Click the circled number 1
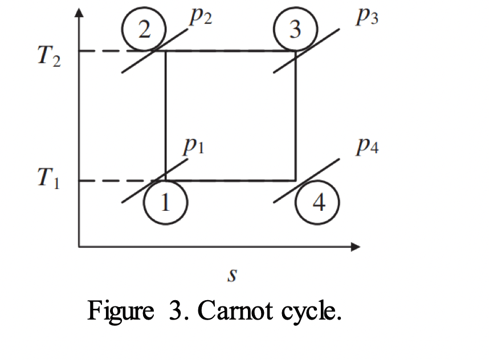pyautogui.click(x=165, y=202)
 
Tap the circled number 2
pyautogui.click(x=144, y=29)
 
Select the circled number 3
pyautogui.click(x=295, y=29)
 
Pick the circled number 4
pyautogui.click(x=317, y=202)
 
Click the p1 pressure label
pyautogui.click(x=194, y=146)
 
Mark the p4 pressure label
pyautogui.click(x=368, y=146)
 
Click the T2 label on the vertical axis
pyautogui.click(x=49, y=56)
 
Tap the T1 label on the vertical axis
pyautogui.click(x=48, y=178)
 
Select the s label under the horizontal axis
pyautogui.click(x=232, y=275)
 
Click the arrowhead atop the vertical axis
pyautogui.click(x=79, y=13)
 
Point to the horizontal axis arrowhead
pyautogui.click(x=356, y=247)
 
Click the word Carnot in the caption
pyautogui.click(x=235, y=310)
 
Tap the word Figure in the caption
pyautogui.click(x=121, y=312)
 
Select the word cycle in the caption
pyautogui.click(x=308, y=312)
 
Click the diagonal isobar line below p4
pyautogui.click(x=307, y=181)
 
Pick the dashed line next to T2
pyautogui.click(x=115, y=51)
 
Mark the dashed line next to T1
pyautogui.click(x=115, y=181)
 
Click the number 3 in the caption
pyautogui.click(x=176, y=310)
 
